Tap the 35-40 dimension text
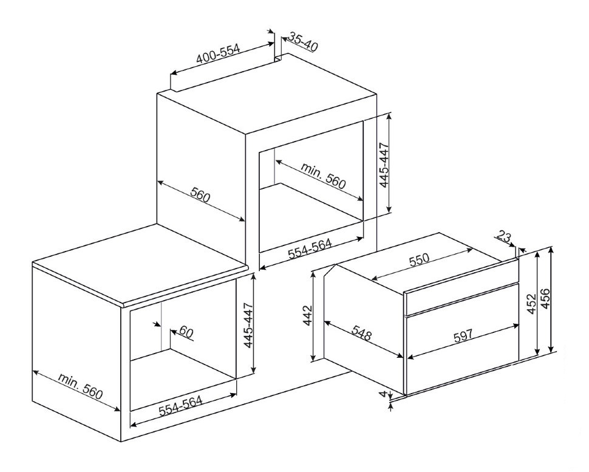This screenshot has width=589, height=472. point(302,42)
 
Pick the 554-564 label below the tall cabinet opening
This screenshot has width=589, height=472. point(310,250)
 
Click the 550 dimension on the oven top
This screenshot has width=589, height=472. point(418,259)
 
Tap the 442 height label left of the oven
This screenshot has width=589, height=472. point(307,316)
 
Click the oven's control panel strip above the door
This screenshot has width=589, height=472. point(461,299)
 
